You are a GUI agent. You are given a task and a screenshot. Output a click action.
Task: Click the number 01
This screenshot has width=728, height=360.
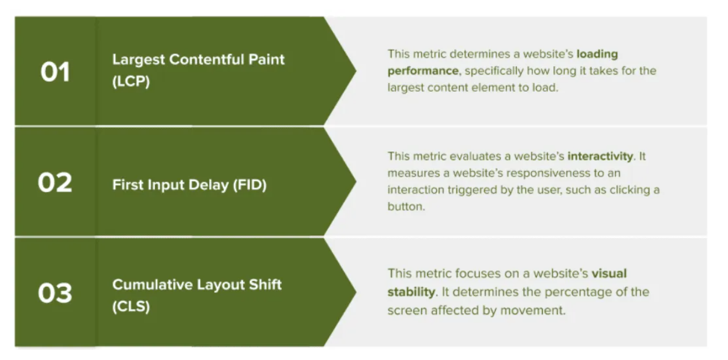click(x=55, y=72)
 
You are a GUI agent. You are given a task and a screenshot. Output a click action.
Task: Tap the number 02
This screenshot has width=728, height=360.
click(x=55, y=182)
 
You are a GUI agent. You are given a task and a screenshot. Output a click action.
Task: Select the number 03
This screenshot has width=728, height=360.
click(x=55, y=293)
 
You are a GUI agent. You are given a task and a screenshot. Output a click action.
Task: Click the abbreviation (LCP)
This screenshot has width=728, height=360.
click(x=131, y=81)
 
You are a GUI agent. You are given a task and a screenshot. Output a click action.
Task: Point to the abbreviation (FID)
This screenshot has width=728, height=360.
click(x=250, y=185)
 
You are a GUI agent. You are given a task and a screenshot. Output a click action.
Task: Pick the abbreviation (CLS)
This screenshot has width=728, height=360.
click(x=131, y=307)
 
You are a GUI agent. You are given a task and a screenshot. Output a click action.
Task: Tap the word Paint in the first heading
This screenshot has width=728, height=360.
click(x=267, y=59)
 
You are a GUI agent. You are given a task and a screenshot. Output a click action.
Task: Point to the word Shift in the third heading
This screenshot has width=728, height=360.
click(x=265, y=285)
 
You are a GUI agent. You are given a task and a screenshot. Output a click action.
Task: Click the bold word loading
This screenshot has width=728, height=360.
click(x=597, y=55)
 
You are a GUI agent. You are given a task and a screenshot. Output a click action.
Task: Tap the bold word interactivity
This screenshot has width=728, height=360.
click(x=600, y=157)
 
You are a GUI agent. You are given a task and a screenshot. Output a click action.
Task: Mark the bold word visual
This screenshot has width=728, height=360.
click(x=609, y=273)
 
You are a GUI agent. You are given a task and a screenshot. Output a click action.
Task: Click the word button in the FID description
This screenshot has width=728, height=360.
click(x=406, y=206)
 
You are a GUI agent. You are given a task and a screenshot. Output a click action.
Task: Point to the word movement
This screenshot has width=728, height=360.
click(x=533, y=310)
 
